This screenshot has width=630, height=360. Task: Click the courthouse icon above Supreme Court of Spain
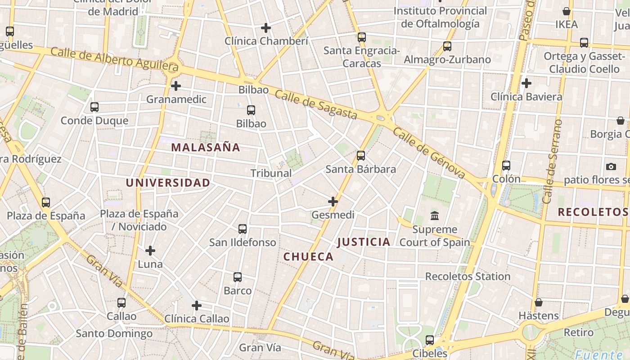(x=435, y=216)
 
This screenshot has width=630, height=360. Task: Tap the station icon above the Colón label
(x=506, y=166)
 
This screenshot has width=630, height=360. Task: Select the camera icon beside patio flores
(x=611, y=166)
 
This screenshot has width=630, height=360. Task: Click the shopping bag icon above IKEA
(x=567, y=11)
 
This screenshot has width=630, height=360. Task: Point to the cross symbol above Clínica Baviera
(x=526, y=83)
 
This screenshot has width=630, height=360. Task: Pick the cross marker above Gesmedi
(x=333, y=202)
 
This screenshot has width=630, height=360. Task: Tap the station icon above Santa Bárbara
(x=361, y=156)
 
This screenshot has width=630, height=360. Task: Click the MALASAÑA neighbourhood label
(x=206, y=147)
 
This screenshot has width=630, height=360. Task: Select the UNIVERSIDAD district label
(x=168, y=183)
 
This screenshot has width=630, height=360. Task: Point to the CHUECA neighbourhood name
(x=309, y=257)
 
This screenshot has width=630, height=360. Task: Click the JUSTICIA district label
(x=364, y=242)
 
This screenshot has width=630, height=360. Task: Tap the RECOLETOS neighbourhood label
(x=593, y=212)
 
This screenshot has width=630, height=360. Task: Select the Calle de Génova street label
(x=428, y=153)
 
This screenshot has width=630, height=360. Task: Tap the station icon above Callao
(x=121, y=303)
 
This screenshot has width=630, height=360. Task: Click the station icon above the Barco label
(x=238, y=277)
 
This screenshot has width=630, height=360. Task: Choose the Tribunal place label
(x=271, y=173)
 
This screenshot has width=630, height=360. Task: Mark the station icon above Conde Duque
(x=94, y=107)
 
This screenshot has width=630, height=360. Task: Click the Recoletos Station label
(x=468, y=276)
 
